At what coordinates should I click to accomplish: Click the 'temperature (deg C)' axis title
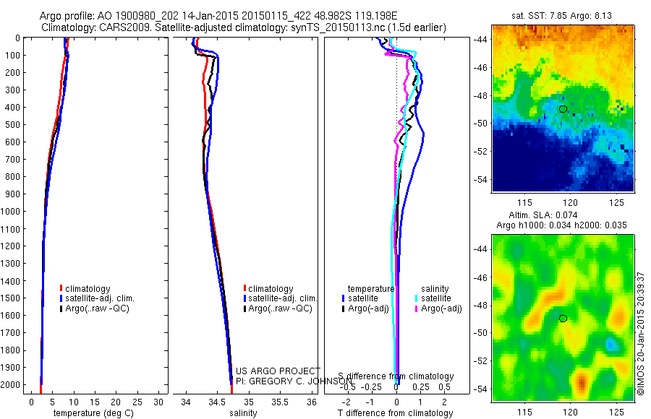point(90,413)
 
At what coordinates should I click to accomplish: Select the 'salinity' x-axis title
point(243,413)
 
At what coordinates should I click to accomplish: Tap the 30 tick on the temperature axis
point(159,400)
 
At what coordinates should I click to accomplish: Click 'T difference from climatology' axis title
point(395,413)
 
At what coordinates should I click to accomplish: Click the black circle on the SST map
point(563,109)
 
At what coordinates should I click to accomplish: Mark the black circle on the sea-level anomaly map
point(563,319)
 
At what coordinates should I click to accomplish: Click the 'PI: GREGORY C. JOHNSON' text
point(294,380)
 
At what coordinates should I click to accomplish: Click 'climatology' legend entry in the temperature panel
point(88,289)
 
